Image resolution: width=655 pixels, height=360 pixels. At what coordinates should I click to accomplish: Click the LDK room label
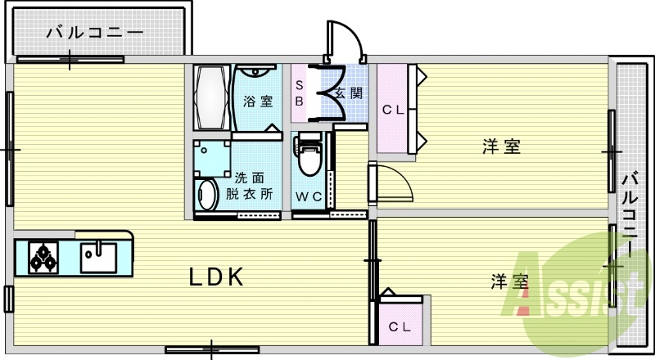[x=217, y=277]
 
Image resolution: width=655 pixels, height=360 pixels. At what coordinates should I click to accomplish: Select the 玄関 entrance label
[x=349, y=92]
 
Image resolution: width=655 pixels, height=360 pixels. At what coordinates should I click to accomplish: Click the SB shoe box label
[x=300, y=92]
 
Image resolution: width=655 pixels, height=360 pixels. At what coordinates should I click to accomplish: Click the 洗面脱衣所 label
[x=252, y=186]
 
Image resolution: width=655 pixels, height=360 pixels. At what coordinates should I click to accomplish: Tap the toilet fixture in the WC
[x=309, y=158]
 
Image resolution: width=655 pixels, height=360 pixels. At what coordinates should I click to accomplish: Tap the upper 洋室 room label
[x=501, y=147]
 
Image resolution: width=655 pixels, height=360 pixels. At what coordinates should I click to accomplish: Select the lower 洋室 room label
[x=509, y=282]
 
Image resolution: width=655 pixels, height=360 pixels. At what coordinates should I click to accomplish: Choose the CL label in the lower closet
[x=400, y=327]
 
